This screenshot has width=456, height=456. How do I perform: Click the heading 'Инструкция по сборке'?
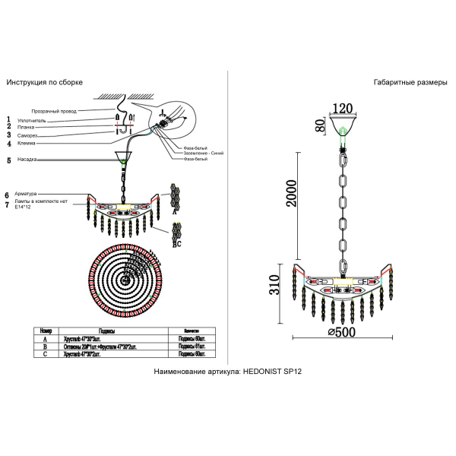44,82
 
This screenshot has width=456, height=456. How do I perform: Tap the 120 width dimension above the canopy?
344,109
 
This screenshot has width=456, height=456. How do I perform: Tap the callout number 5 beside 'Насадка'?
8,160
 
